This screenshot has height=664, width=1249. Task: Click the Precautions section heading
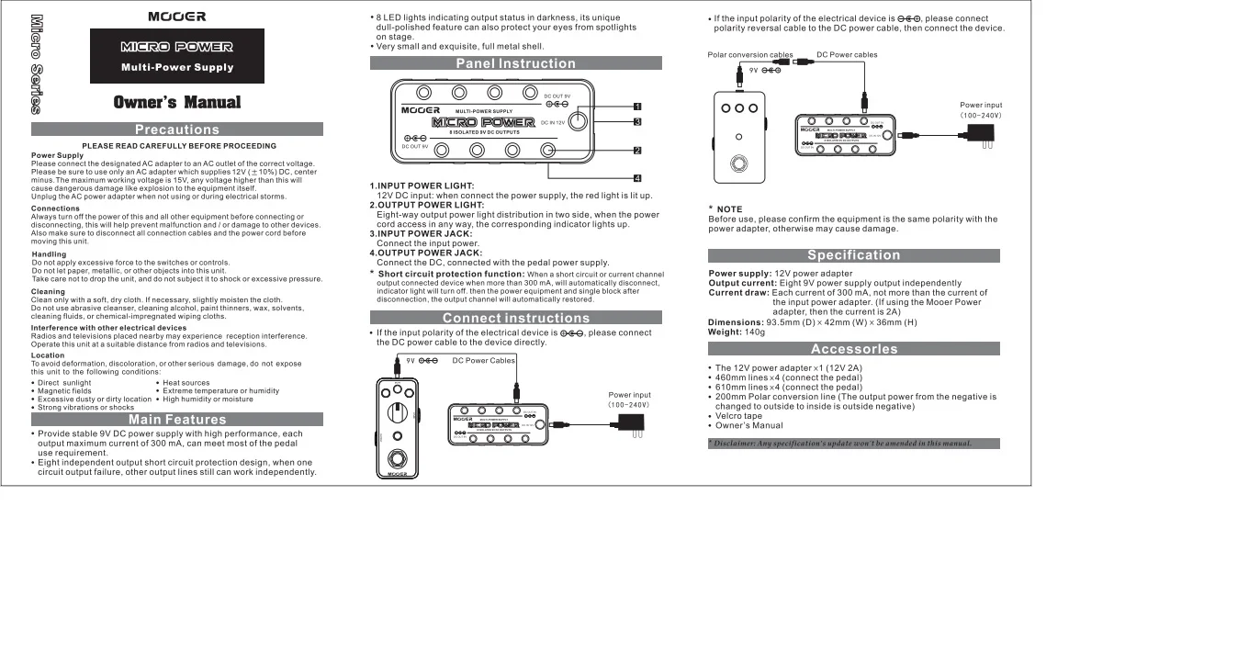click(x=177, y=129)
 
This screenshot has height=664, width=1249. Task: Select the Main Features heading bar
click(x=177, y=420)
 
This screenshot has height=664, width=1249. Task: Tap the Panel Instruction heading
click(x=515, y=63)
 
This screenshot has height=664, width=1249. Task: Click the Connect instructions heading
click(x=515, y=318)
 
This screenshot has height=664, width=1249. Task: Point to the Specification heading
click(x=853, y=255)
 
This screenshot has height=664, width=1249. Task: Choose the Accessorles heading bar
click(x=853, y=349)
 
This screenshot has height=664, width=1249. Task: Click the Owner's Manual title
click(x=177, y=102)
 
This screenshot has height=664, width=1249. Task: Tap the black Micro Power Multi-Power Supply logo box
click(x=177, y=56)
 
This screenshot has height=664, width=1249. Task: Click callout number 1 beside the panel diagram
click(x=636, y=106)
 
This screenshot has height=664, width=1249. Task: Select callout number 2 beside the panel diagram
click(x=636, y=150)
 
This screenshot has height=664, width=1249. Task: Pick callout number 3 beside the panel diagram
click(x=636, y=121)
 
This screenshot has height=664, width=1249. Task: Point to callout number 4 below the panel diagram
click(x=636, y=177)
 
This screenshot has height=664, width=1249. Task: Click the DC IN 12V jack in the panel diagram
click(x=579, y=122)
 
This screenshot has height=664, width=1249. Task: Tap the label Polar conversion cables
click(x=750, y=55)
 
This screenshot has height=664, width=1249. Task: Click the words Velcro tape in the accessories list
click(x=738, y=416)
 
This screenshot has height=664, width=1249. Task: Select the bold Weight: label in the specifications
click(x=724, y=332)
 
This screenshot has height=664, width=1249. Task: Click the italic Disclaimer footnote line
click(x=839, y=444)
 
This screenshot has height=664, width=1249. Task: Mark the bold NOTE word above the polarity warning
click(x=729, y=209)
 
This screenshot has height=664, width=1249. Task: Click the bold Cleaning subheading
click(x=48, y=292)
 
